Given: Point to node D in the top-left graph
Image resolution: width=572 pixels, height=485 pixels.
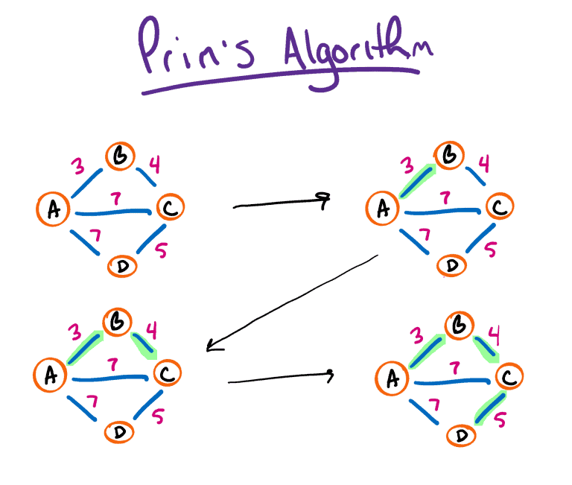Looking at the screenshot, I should pos(121,265).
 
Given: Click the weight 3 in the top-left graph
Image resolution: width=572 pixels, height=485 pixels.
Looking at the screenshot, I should pos(78,166).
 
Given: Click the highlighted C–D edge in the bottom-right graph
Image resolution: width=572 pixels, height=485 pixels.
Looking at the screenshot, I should pos(487,409).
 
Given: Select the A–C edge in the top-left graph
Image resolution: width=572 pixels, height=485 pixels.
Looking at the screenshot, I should pos(112,211).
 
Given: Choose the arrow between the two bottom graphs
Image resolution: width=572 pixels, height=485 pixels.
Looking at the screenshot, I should pos(279,378).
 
